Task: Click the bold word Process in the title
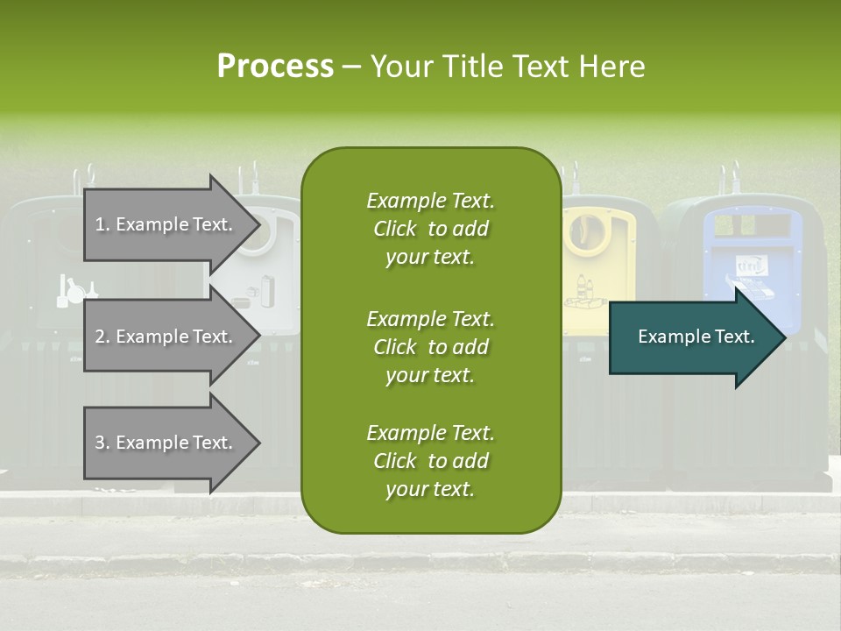[275, 66]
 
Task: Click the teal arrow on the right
[692, 337]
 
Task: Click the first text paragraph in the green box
[430, 229]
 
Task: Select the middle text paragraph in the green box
[430, 346]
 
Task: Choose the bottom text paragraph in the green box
[430, 461]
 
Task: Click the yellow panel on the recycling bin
[597, 254]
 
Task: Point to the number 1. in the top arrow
[102, 224]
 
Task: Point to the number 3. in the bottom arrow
[102, 443]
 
